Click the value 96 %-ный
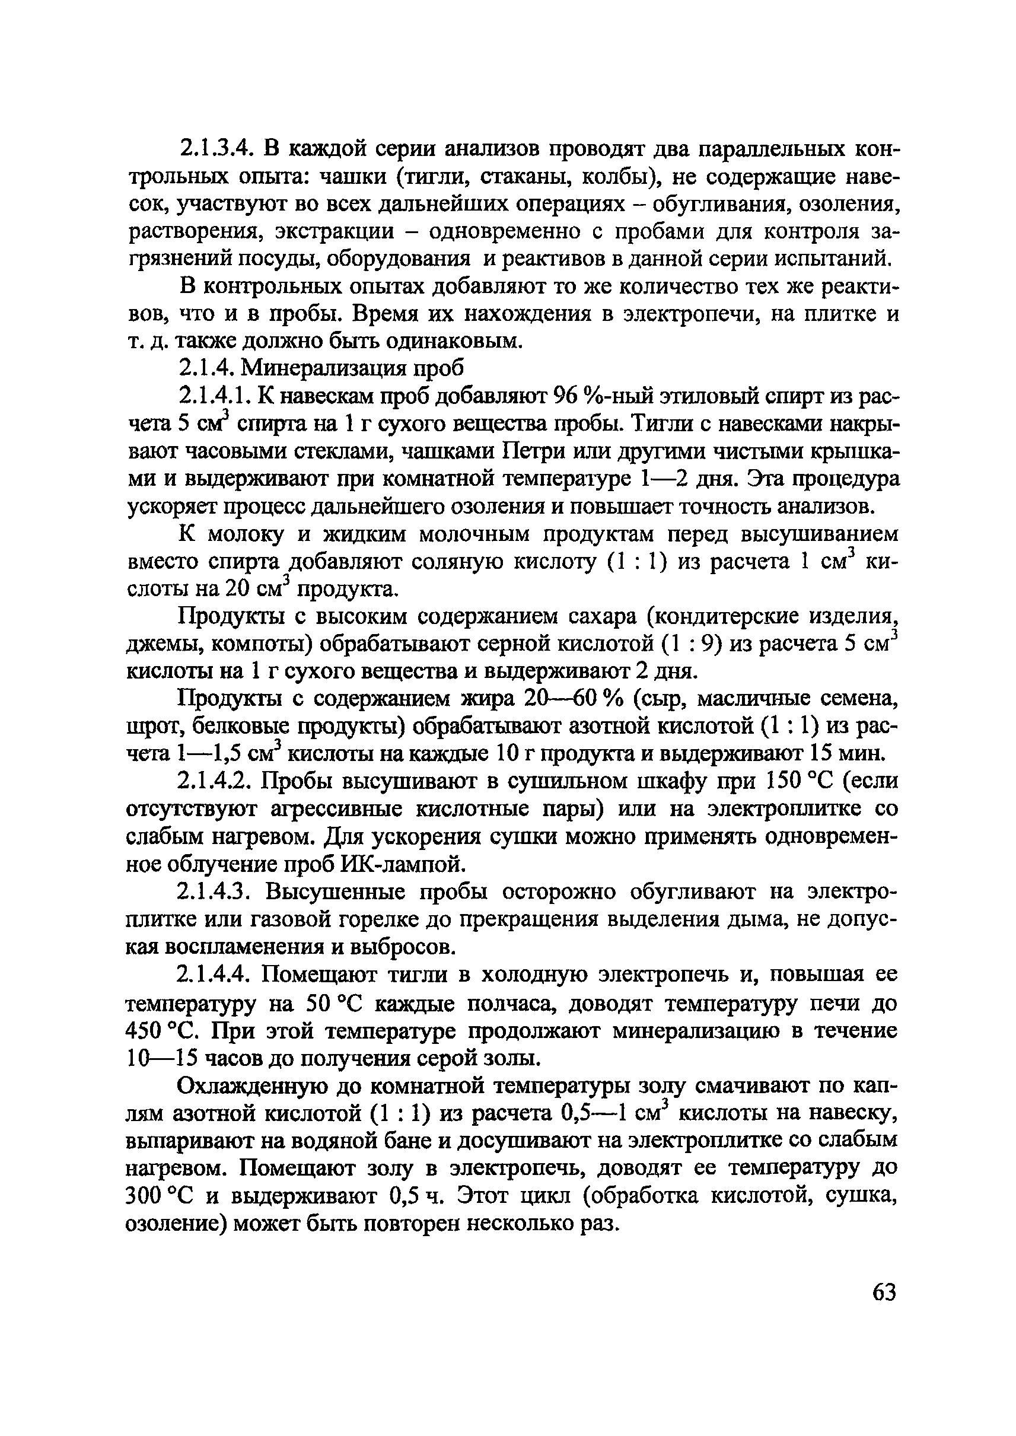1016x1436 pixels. (x=601, y=396)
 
